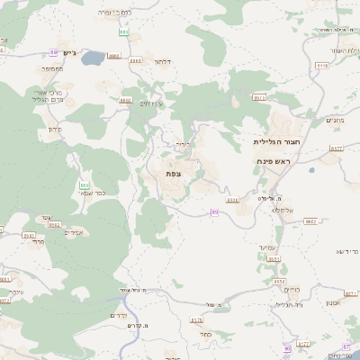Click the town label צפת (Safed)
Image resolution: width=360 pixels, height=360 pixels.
[x=173, y=173]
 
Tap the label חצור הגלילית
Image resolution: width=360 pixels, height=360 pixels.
[x=275, y=141]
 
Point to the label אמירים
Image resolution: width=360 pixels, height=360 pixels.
[x=74, y=232]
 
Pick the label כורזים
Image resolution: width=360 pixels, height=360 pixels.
[x=291, y=289]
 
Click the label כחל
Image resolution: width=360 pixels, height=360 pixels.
[x=205, y=333]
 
